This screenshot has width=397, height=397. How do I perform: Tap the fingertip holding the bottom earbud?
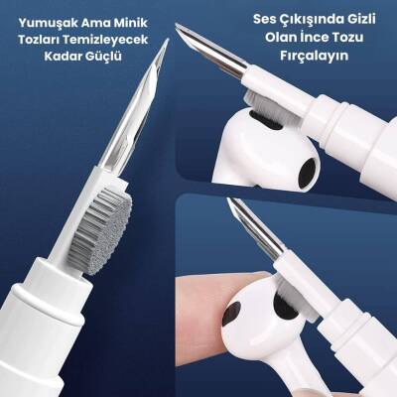[203, 308]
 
